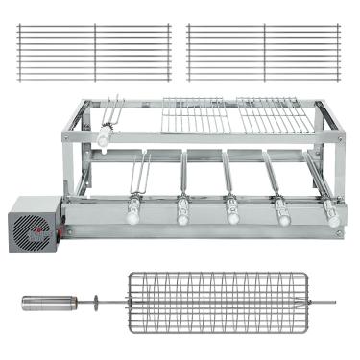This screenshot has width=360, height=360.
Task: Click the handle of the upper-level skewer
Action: click(x=103, y=135)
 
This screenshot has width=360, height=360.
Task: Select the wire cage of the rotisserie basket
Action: click(x=219, y=303)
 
